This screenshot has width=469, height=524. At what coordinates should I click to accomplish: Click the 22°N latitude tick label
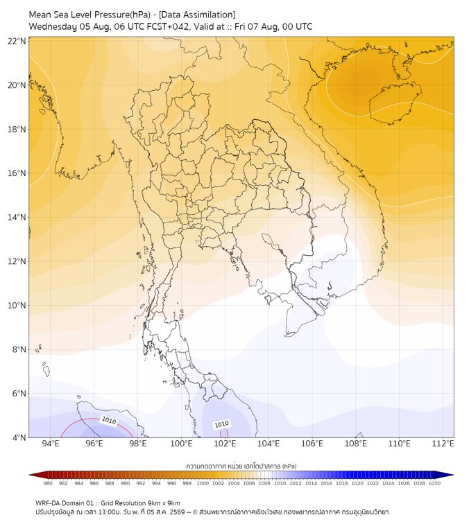[17, 41]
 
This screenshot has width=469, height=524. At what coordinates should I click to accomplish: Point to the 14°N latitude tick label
[17, 217]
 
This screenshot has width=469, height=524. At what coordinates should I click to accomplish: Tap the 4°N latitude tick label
[19, 437]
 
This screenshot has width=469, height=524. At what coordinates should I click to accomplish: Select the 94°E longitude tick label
[51, 444]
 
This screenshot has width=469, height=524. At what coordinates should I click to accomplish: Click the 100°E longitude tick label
[181, 444]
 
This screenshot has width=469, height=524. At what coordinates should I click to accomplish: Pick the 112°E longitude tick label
[443, 444]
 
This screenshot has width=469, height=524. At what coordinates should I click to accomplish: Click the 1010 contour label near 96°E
[109, 421]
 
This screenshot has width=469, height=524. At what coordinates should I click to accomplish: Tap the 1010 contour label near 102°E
[221, 424]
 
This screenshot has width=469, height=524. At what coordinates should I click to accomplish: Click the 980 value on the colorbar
[48, 483]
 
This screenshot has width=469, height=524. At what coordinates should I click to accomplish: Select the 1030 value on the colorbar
[434, 483]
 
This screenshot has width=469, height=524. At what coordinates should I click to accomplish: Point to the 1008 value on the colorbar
[264, 483]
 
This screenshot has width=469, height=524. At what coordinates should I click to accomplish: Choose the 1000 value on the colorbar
[203, 483]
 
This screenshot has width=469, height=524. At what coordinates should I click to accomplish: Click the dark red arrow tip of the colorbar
[30, 475]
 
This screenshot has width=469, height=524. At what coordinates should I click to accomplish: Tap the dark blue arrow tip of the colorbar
[453, 475]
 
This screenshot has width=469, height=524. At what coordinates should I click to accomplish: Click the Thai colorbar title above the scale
[241, 466]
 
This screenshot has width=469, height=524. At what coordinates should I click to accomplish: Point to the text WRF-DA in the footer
[47, 503]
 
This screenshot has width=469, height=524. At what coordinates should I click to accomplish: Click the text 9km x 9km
[163, 503]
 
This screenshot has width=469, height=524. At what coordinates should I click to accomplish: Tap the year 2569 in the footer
[178, 512]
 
